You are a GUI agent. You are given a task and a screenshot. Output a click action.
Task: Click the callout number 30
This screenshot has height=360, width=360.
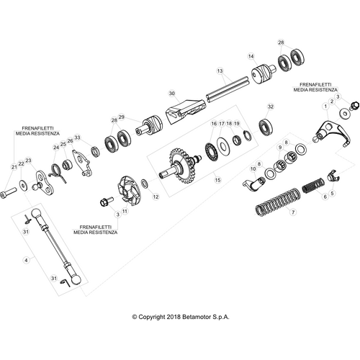(171, 93)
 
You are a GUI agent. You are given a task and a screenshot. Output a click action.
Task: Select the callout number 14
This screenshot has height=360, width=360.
(251, 55)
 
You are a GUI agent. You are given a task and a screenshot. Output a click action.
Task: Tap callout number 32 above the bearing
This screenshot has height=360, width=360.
(270, 107)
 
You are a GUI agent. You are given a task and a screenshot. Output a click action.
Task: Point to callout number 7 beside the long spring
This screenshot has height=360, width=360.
(293, 214)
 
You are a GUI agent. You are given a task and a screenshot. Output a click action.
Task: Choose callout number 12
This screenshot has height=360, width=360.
(156, 196)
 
